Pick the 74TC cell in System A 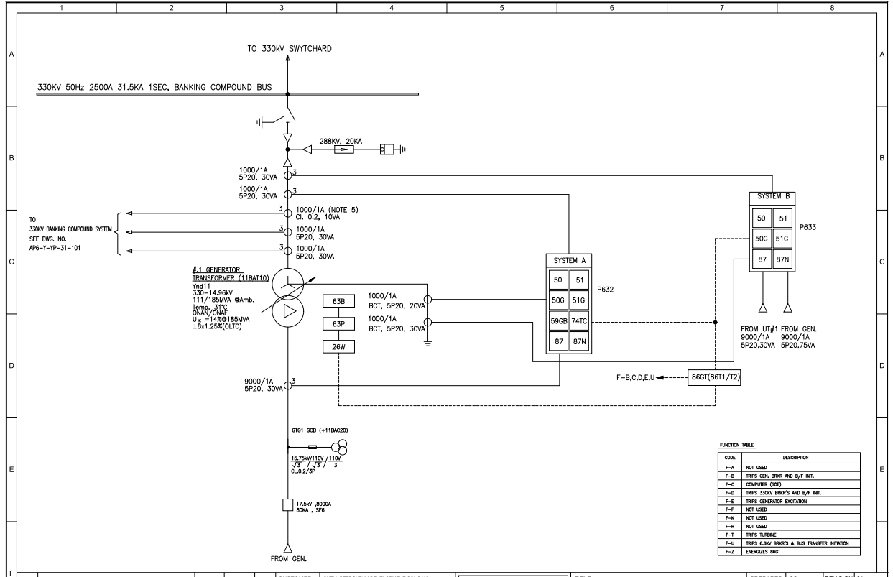click(x=579, y=321)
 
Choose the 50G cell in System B click(x=760, y=237)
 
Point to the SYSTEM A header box click(x=568, y=259)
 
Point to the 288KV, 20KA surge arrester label click(x=341, y=142)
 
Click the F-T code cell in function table click(x=729, y=535)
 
